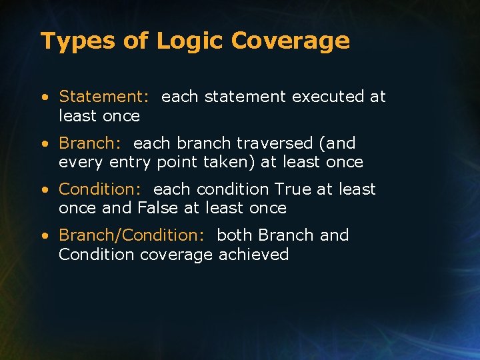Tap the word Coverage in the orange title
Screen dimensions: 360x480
click(291, 41)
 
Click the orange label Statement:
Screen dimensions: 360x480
click(104, 97)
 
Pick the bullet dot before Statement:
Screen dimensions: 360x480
click(44, 97)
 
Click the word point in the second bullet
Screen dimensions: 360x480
click(177, 163)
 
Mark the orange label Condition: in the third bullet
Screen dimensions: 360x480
click(100, 189)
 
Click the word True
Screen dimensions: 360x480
click(292, 189)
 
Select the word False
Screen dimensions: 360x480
click(158, 208)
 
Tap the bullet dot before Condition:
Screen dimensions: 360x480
click(44, 190)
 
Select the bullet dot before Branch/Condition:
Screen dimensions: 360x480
click(44, 236)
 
